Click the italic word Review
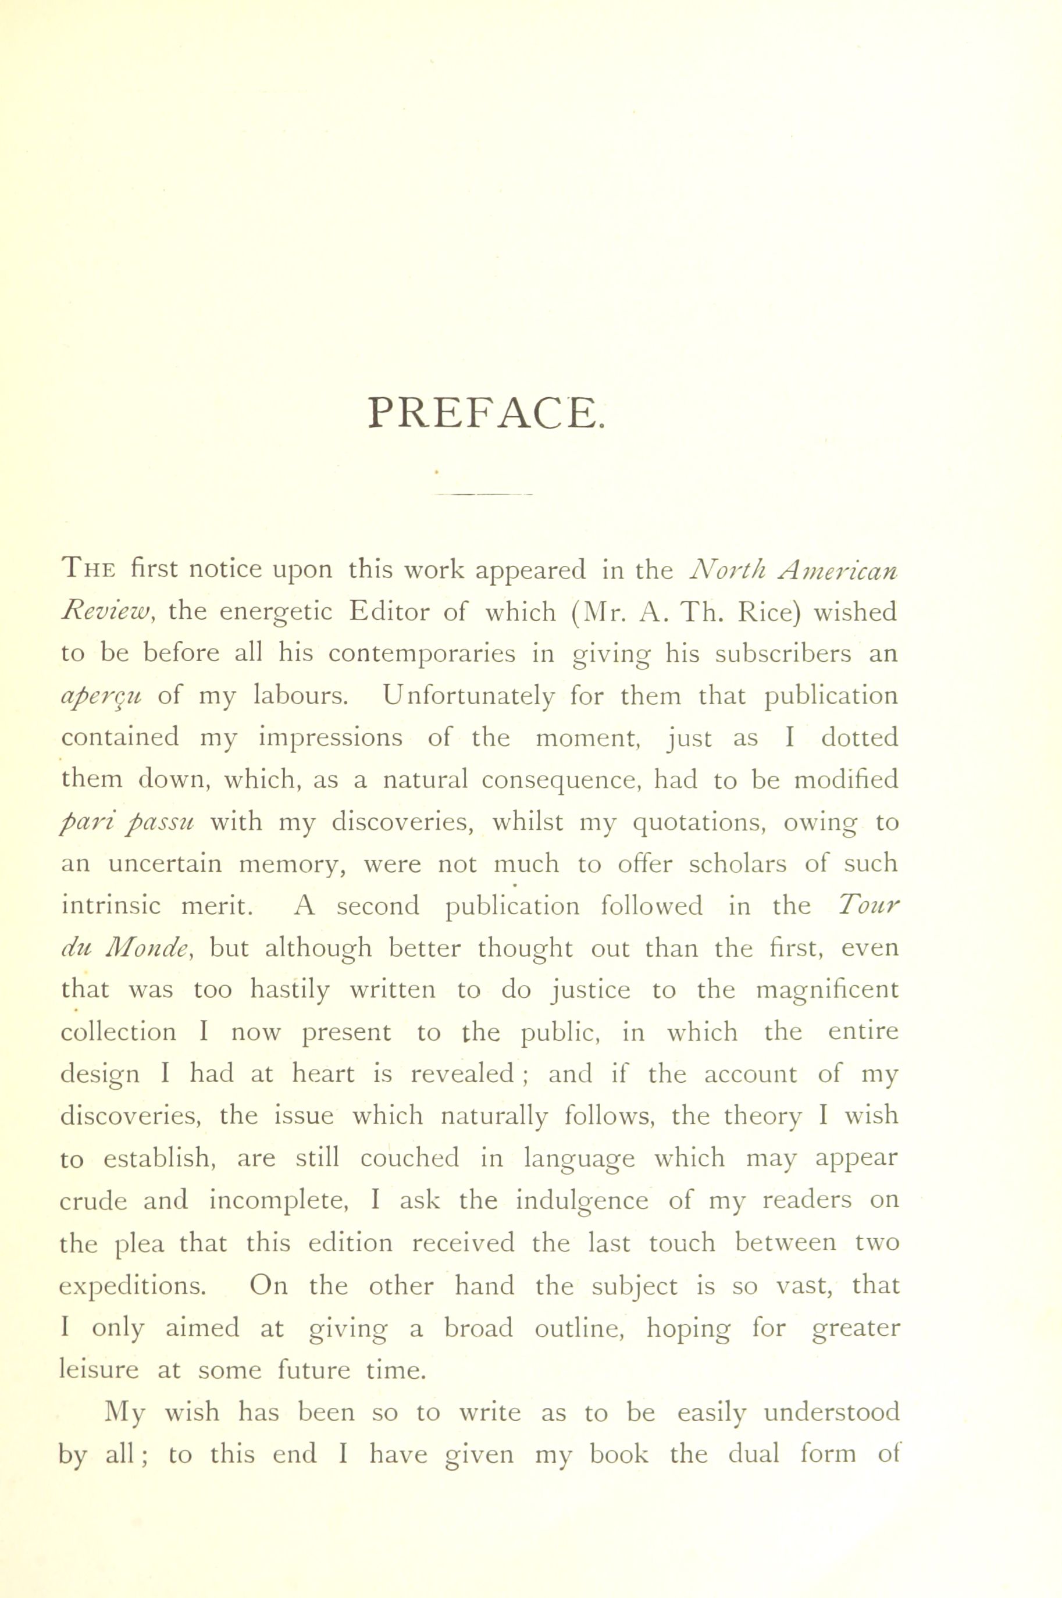point(109,612)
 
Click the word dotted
point(860,737)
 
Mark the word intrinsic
point(111,906)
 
